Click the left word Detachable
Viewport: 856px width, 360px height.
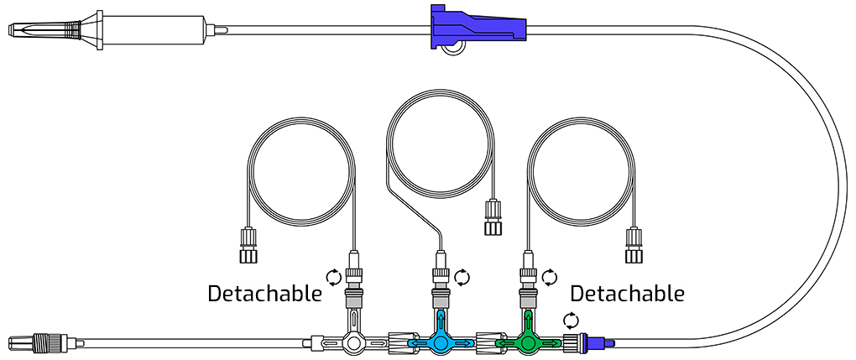(264, 294)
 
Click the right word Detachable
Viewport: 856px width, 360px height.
(627, 294)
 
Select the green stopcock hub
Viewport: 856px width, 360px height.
(528, 343)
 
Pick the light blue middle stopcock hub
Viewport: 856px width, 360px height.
(439, 343)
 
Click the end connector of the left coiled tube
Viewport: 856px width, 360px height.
(248, 245)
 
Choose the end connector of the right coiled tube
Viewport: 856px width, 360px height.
(634, 245)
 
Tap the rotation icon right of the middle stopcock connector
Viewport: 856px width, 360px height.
(462, 276)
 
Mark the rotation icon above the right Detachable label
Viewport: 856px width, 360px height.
(550, 276)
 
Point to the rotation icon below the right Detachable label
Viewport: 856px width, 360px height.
(571, 320)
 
